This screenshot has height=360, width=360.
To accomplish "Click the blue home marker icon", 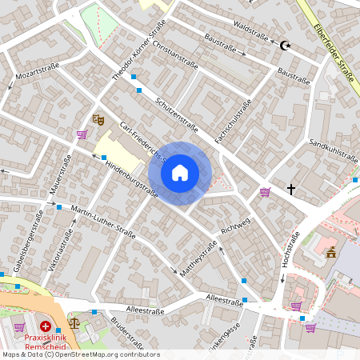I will (180, 172).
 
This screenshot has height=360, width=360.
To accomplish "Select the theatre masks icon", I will (99, 119).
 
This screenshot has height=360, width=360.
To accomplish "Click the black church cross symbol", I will (291, 190).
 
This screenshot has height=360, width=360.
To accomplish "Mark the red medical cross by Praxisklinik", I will (46, 327).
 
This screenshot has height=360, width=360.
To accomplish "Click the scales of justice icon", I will (74, 324).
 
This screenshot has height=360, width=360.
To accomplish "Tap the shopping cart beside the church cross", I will (265, 191).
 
